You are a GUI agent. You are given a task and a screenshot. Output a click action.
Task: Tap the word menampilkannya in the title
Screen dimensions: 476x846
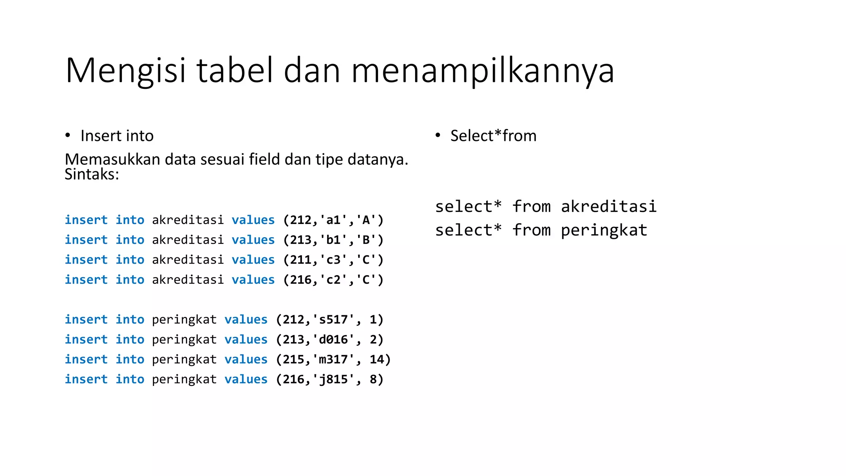tap(482, 71)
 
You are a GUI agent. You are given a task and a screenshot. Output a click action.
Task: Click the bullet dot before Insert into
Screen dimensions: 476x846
tap(68, 136)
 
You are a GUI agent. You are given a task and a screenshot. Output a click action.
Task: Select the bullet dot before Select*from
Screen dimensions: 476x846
tap(438, 136)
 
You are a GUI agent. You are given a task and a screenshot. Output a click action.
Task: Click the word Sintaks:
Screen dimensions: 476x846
tap(92, 174)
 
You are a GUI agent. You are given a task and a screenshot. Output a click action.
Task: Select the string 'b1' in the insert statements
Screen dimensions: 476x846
tap(333, 240)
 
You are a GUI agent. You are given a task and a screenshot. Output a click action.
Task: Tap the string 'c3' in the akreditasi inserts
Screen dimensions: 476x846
tap(333, 259)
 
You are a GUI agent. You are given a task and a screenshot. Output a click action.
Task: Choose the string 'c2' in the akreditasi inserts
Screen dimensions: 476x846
tap(333, 280)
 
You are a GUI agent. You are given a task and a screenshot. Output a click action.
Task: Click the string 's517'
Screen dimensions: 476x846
tap(333, 319)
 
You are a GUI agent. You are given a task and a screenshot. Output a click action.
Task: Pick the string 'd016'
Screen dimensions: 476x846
tap(333, 339)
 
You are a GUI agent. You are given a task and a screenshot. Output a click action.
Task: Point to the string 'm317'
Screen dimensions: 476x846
tap(333, 359)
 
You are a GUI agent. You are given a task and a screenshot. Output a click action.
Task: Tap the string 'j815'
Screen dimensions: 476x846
tap(333, 379)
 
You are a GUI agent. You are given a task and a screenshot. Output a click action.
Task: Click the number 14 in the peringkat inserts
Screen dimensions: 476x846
tap(377, 359)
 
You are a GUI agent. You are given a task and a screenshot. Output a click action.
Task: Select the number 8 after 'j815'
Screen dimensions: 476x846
tap(373, 379)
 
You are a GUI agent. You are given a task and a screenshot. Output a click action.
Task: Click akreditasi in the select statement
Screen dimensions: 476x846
tap(608, 207)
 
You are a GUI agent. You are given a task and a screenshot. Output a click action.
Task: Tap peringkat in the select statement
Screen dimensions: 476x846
tap(604, 230)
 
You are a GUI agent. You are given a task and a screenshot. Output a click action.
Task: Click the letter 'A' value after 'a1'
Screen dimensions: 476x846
tap(366, 220)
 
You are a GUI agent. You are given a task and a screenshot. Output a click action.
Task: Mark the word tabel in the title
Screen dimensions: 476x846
tap(235, 71)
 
